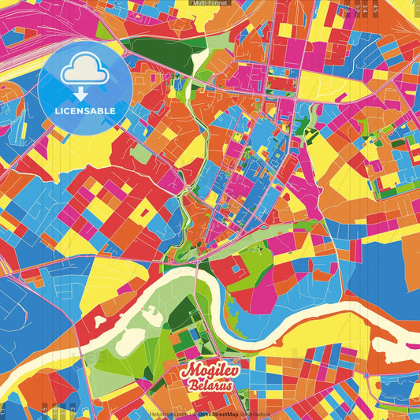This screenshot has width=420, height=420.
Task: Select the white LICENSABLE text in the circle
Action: click(85, 111)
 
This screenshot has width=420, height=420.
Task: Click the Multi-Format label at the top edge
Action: click(210, 3)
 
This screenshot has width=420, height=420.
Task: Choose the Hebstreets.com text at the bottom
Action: click(169, 414)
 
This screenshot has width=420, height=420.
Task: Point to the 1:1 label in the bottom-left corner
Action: click(6, 411)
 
